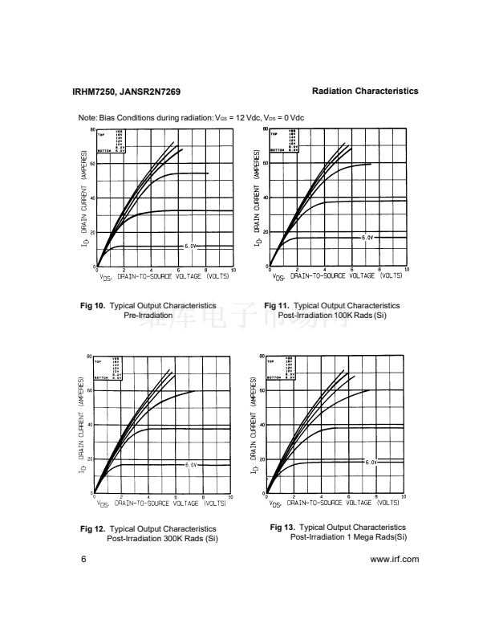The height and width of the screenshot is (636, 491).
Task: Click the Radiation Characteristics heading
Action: tap(365, 91)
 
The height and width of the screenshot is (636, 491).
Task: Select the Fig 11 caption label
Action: tap(277, 306)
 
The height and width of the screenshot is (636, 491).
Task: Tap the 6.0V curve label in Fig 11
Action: tap(365, 238)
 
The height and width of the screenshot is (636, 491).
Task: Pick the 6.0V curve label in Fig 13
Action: tap(371, 462)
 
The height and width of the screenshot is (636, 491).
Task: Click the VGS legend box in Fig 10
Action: tap(112, 141)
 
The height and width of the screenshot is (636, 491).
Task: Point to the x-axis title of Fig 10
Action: tap(164, 278)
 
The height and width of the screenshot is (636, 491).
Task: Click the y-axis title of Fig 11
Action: tap(257, 197)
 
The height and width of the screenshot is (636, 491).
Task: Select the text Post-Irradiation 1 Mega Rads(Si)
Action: tap(348, 536)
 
